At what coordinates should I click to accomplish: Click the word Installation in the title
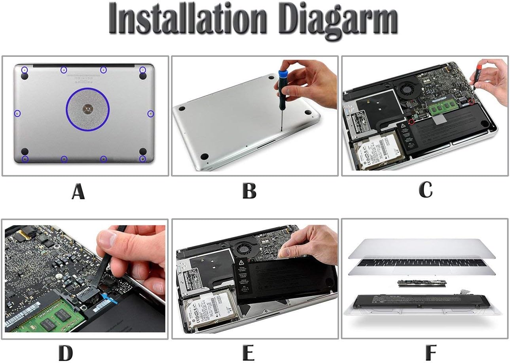tap(187, 19)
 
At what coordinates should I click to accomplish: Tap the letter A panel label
tap(78, 191)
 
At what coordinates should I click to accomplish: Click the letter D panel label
tap(66, 353)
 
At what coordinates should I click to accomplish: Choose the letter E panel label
tap(248, 353)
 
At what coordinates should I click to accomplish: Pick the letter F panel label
tap(431, 352)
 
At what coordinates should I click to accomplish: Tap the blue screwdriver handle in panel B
tap(283, 79)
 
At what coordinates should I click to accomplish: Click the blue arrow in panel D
tap(110, 299)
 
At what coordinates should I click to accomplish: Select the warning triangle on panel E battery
tap(241, 263)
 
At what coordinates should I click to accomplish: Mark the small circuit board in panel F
tap(422, 283)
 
